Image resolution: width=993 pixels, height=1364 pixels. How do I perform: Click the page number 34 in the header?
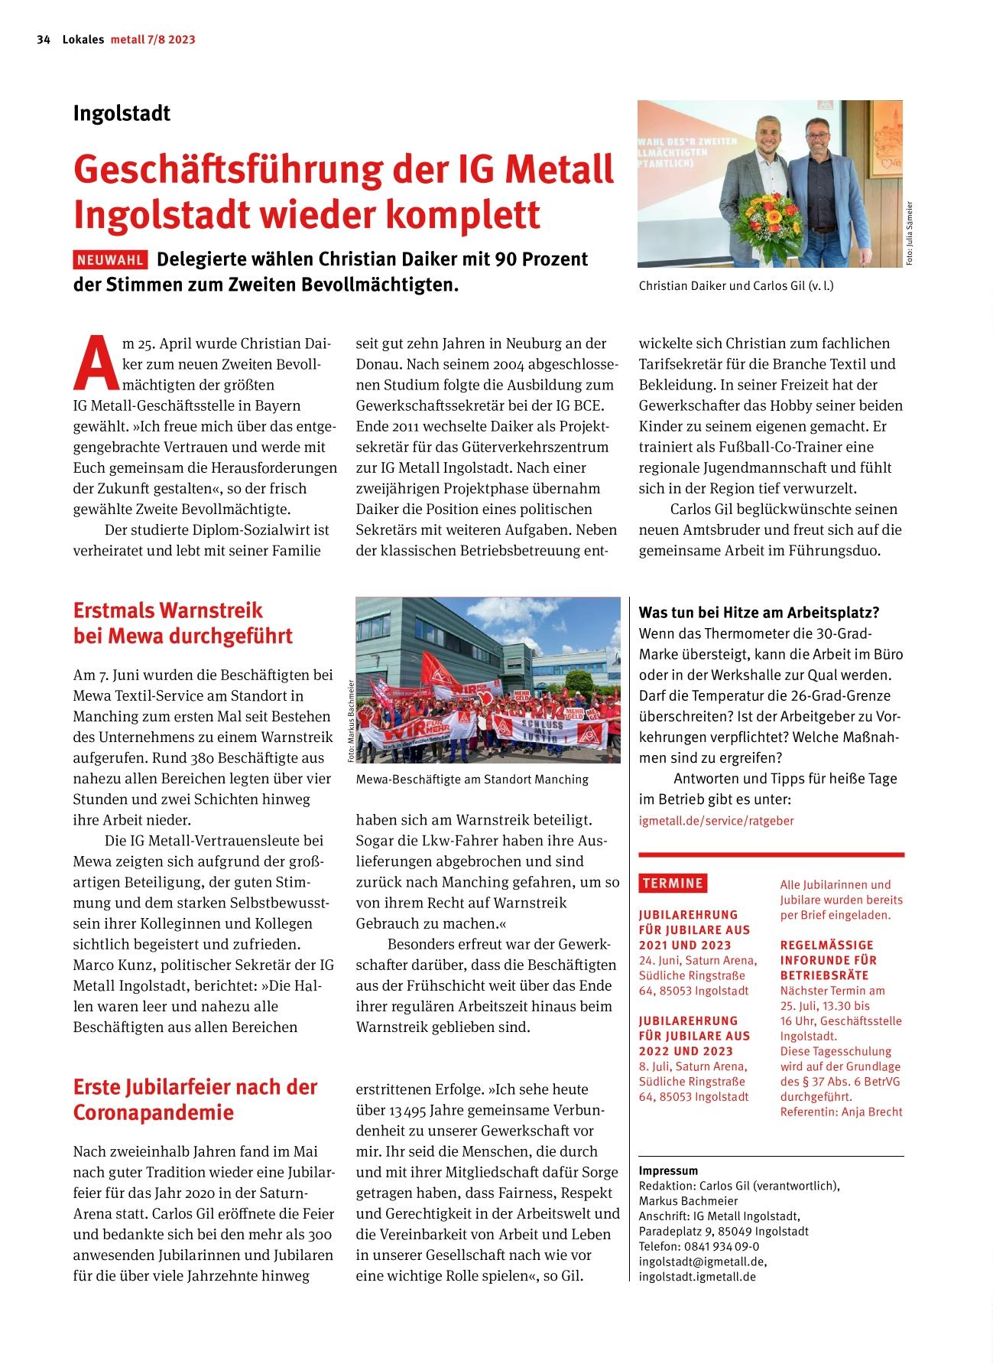point(43,40)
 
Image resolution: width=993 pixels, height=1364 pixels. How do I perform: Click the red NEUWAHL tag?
point(110,260)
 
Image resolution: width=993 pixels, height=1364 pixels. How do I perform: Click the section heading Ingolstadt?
point(122,113)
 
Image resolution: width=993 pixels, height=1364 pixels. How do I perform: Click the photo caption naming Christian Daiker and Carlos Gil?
point(735,286)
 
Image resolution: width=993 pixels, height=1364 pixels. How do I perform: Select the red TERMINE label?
point(673,883)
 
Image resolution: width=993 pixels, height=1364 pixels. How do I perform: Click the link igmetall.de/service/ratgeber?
point(716,821)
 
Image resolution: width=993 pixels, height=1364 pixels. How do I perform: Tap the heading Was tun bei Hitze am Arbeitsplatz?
point(758,613)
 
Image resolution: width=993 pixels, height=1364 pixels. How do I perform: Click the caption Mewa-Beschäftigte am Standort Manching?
point(472,780)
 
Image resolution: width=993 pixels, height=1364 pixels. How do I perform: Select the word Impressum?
point(668,1170)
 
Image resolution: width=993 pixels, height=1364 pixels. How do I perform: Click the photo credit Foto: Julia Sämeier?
point(910,233)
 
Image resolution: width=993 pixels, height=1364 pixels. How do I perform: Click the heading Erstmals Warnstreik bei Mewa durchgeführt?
point(183,623)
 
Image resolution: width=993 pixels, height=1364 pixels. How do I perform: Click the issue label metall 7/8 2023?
point(153,40)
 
